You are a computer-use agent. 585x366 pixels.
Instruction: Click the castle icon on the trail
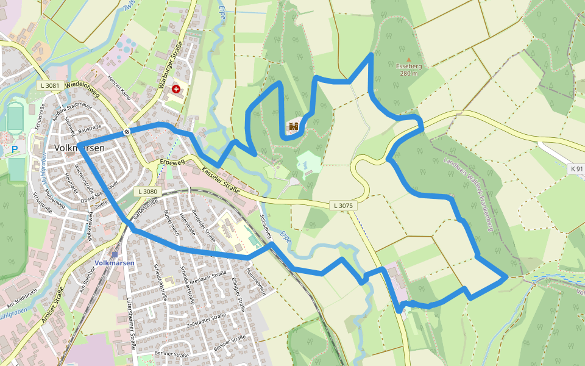click(x=294, y=126)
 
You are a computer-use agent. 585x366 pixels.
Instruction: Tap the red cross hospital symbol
click(x=177, y=89)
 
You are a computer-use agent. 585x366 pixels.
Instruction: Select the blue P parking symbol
click(x=15, y=149)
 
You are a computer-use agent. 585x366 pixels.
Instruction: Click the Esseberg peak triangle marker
click(x=408, y=60)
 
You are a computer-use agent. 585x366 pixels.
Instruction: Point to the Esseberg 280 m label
click(x=409, y=70)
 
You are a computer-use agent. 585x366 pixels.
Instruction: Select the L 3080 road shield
click(x=148, y=192)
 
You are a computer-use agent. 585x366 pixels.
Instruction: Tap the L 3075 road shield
click(x=343, y=206)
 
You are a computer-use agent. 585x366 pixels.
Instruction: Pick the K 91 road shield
click(x=576, y=168)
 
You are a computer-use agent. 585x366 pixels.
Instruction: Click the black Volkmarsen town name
click(x=79, y=148)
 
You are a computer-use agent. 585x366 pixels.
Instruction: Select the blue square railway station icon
click(x=114, y=254)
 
